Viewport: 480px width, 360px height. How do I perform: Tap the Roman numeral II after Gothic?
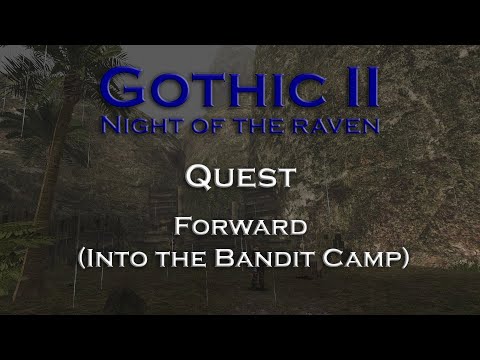coord(351,90)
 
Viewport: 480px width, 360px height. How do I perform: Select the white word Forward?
coord(240,226)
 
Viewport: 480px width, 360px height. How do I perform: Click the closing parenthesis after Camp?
coord(404,258)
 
